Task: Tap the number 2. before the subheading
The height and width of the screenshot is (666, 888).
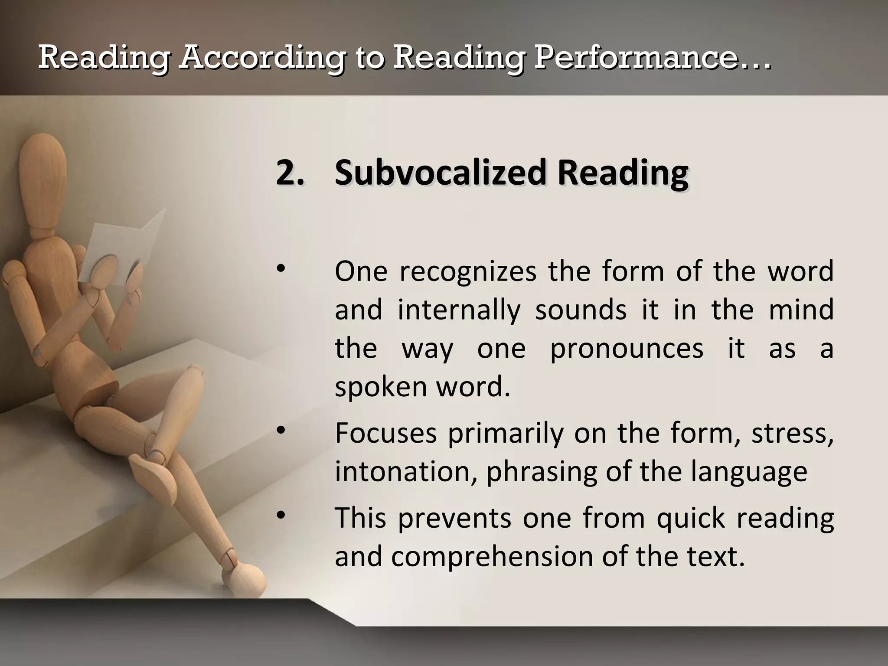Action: (x=290, y=173)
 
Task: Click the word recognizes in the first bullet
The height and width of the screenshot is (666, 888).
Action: (x=467, y=272)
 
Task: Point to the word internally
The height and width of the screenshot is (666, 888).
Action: (x=459, y=310)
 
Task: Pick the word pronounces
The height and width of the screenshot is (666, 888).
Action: (x=627, y=349)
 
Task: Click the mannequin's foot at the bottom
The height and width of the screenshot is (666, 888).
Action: (x=247, y=575)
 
